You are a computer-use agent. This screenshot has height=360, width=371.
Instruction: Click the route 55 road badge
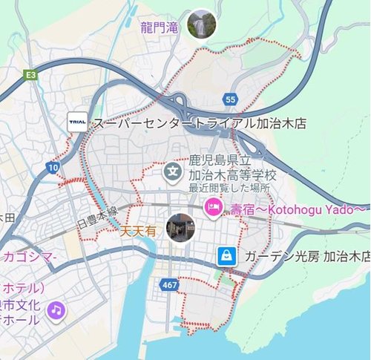tap(232, 97)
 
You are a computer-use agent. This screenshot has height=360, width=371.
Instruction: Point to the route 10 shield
tap(52, 168)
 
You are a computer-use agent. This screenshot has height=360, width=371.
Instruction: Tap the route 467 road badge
tap(168, 284)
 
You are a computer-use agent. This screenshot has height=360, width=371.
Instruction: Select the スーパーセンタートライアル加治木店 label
tap(200, 123)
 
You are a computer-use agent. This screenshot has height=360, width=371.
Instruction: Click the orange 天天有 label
tap(139, 232)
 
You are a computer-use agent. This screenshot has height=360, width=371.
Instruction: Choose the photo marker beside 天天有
tap(180, 228)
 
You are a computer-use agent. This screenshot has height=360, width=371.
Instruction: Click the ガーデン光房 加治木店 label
tap(307, 257)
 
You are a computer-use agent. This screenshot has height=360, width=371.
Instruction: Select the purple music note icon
tap(56, 310)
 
